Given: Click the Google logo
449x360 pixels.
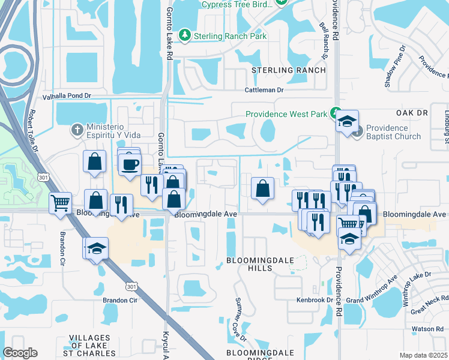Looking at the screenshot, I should pos(20,353).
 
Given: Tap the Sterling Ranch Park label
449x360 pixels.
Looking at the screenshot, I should pos(231,36).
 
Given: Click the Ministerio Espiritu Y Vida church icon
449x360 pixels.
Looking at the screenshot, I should pos(77,129).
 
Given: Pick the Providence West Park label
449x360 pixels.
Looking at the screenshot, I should pos(286,114).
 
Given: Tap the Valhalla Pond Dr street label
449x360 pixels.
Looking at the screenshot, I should pos(67,96).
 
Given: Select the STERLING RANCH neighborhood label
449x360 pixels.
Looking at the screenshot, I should pos(288,70).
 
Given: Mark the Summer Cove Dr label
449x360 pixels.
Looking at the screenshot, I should pos(241,318).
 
